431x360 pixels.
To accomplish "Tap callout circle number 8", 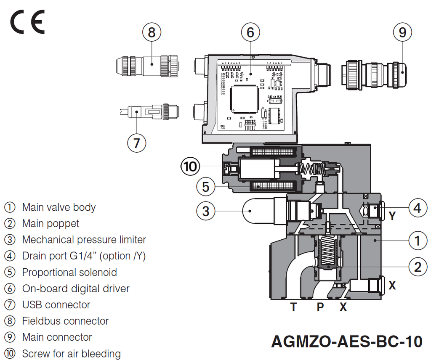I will (152, 32).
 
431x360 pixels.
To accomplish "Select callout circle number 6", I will (250, 32).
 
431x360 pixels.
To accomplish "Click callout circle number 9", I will (402, 32).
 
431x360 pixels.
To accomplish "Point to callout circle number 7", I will (136, 143).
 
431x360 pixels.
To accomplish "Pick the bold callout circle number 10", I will (190, 167).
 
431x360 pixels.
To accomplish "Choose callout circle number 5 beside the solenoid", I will (206, 186).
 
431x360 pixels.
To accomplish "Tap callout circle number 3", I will (206, 211).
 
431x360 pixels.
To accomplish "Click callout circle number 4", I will (417, 208).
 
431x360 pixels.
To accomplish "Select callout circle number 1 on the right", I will (417, 241).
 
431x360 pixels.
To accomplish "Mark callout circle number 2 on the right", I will (417, 267).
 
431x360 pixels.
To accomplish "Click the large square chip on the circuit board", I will (244, 99).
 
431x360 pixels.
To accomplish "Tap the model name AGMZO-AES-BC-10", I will (347, 341).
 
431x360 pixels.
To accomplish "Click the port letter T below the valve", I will (293, 307).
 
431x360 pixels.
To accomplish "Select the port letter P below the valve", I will (320, 307).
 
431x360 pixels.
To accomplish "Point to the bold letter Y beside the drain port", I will (392, 216).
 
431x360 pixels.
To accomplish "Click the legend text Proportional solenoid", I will (69, 272).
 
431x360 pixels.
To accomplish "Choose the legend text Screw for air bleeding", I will (71, 354).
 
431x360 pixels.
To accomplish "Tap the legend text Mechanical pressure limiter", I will (84, 240).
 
